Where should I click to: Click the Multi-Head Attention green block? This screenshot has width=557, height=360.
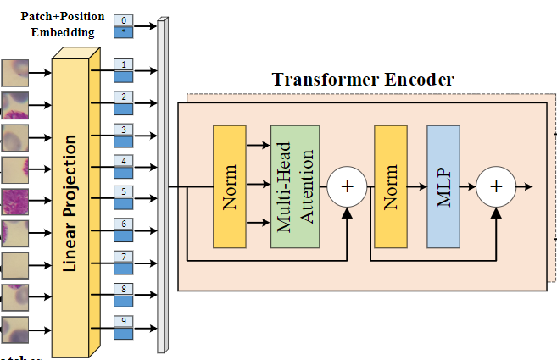[x=295, y=186]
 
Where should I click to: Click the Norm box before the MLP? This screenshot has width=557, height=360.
[x=391, y=186]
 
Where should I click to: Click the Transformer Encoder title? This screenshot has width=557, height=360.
[x=363, y=80]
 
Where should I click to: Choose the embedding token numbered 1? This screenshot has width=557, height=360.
[x=124, y=70]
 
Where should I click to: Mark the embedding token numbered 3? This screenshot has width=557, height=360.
[x=124, y=135]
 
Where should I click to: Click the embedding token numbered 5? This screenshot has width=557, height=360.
[x=124, y=197]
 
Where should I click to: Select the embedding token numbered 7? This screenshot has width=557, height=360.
[x=124, y=262]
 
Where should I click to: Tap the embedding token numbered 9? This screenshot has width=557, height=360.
[x=124, y=326]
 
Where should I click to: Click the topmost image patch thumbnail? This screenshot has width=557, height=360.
[x=15, y=72]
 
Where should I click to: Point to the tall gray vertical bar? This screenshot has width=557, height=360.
[x=161, y=186]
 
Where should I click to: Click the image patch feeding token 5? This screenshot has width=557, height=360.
[x=15, y=201]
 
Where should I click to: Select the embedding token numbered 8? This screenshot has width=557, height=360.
[x=124, y=294]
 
